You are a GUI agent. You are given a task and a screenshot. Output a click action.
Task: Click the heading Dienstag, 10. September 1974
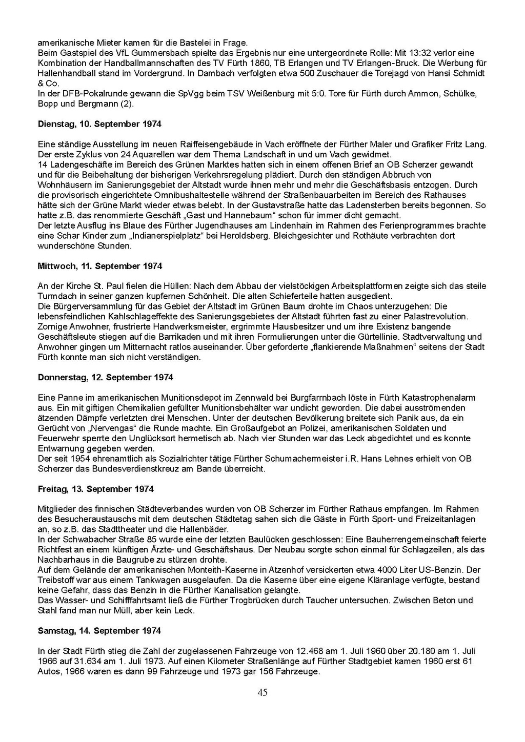pyautogui.click(x=99, y=124)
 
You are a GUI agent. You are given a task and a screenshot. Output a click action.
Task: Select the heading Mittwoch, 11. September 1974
pyautogui.click(x=100, y=266)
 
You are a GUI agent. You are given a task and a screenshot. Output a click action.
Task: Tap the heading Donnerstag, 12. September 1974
pyautogui.click(x=106, y=377)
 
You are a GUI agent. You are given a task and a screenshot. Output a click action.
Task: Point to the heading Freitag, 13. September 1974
pyautogui.click(x=96, y=489)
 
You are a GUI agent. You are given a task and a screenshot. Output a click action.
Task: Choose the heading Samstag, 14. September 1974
pyautogui.click(x=99, y=631)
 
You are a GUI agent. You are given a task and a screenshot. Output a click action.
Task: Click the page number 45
pyautogui.click(x=262, y=693)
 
